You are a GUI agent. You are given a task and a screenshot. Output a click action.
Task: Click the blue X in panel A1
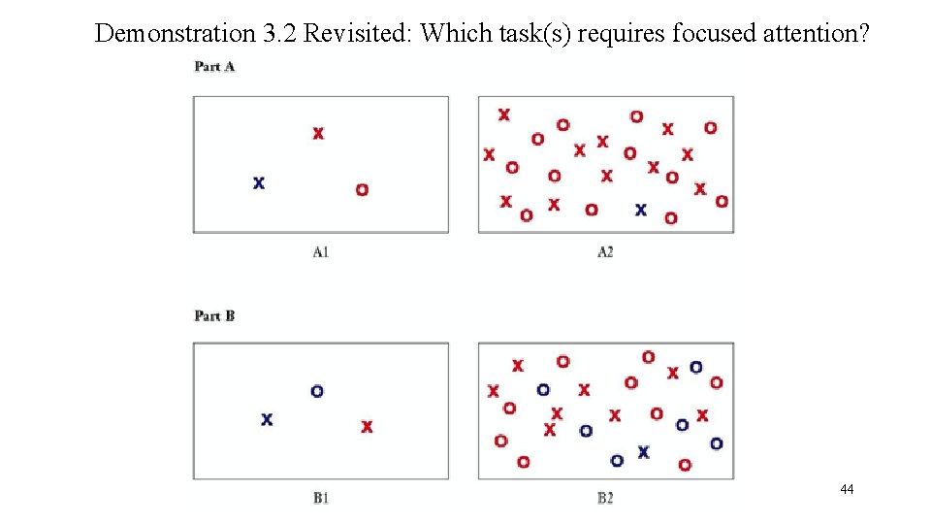pyautogui.click(x=259, y=182)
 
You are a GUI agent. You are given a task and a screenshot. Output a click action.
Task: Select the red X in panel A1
pyautogui.click(x=318, y=133)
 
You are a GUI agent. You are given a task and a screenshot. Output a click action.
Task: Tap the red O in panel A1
pyautogui.click(x=362, y=189)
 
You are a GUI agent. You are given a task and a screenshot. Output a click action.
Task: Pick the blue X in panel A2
pyautogui.click(x=640, y=209)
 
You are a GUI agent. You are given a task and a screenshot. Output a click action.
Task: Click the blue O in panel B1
pyautogui.click(x=317, y=391)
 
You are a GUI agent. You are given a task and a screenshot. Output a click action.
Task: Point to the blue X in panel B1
pyautogui.click(x=267, y=419)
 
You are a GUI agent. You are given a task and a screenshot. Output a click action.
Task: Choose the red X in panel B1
pyautogui.click(x=367, y=426)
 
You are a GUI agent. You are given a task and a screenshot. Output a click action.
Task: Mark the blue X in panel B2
pyautogui.click(x=643, y=451)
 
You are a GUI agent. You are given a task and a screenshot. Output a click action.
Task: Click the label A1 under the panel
pyautogui.click(x=321, y=252)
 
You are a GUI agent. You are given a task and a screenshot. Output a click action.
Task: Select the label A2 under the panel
pyautogui.click(x=605, y=252)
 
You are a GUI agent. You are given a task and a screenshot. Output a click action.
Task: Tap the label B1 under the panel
pyautogui.click(x=321, y=499)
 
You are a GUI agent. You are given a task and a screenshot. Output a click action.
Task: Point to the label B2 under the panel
pyautogui.click(x=605, y=499)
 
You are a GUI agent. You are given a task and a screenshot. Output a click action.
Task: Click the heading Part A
pyautogui.click(x=214, y=66)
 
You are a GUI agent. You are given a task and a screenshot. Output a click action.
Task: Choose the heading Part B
pyautogui.click(x=214, y=315)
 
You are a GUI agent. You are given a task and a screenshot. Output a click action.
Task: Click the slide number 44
pyautogui.click(x=847, y=490)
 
